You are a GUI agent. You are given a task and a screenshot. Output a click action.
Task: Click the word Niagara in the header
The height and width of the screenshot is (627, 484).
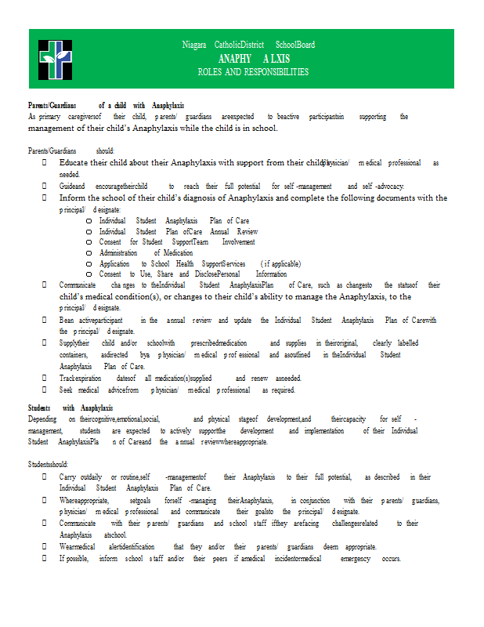tap(195, 45)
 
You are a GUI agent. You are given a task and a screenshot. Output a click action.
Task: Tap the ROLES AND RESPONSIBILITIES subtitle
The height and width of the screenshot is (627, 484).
tap(253, 72)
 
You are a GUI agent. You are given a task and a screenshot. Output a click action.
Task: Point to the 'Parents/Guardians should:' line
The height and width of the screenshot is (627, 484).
tap(71, 150)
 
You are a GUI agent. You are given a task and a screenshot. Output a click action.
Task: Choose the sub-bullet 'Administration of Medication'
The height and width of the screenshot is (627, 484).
tap(140, 253)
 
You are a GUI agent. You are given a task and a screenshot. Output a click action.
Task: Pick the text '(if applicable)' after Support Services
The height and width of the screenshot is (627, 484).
tap(280, 264)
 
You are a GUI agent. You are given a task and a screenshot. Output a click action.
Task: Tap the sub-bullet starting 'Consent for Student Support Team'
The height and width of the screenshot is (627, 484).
tap(177, 242)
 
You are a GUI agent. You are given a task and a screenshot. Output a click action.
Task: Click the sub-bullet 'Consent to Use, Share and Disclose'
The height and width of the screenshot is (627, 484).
tap(193, 274)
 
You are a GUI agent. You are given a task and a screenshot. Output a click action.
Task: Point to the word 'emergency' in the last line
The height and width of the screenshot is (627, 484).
tap(359, 558)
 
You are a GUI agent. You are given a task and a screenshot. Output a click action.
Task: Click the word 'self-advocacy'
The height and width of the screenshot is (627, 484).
tap(381, 187)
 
